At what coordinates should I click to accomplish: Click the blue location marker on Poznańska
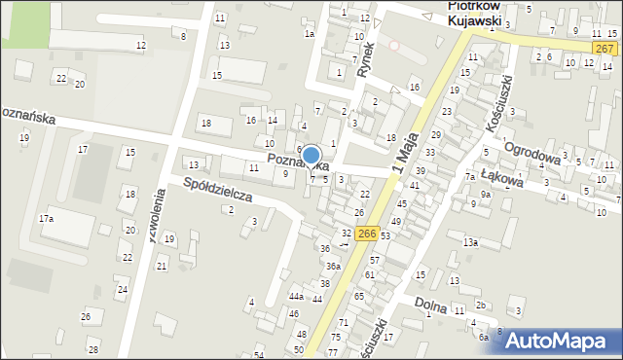pos(311,156)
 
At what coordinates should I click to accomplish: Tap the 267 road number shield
pos(604,49)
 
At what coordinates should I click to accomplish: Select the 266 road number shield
pos(367,234)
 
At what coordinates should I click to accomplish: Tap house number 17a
pos(46,219)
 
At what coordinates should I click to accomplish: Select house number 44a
pos(296,297)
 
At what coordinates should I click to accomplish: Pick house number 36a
pos(333,266)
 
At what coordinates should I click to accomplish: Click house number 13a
pos(470,241)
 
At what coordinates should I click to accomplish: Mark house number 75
pos(334,337)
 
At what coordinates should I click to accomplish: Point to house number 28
pos(92,349)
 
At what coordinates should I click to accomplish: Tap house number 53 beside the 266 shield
pos(385,236)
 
